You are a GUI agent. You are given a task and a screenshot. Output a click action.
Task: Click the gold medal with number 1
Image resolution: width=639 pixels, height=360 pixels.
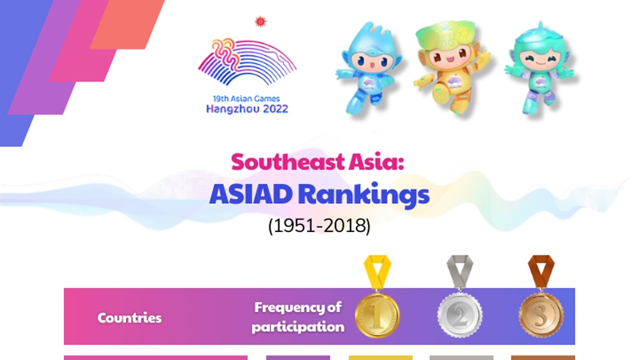[x=378, y=315]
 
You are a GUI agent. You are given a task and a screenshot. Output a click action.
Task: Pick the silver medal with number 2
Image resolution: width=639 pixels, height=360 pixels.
[x=459, y=315]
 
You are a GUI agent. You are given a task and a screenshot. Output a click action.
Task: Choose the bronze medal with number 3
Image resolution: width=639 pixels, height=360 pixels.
[x=541, y=315]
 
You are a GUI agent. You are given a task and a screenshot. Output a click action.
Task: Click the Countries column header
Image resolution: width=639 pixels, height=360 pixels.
[x=129, y=318]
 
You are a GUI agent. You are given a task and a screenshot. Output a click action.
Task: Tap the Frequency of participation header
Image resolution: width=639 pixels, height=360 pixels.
[x=298, y=317]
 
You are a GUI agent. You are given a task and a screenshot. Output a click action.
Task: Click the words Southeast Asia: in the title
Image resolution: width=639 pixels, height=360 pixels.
[x=318, y=162]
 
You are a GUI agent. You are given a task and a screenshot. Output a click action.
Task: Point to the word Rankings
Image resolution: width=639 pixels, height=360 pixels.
[x=364, y=195]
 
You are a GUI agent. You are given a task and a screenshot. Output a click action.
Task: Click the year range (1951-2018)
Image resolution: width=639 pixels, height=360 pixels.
[x=319, y=226]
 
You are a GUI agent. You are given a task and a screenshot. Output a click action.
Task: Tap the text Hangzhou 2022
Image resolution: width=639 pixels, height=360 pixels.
[x=247, y=109]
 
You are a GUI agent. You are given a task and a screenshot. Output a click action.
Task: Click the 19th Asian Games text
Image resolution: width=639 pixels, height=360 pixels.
[x=246, y=98]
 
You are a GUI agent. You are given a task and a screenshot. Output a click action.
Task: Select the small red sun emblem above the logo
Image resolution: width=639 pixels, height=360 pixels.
[x=260, y=22]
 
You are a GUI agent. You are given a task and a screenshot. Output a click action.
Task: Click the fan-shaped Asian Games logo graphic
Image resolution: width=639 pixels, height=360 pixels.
[x=247, y=62]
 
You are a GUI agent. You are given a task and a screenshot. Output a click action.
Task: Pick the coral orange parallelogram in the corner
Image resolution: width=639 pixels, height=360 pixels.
[x=127, y=24]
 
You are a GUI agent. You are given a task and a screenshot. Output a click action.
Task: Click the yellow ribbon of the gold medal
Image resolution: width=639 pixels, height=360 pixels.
[x=378, y=272]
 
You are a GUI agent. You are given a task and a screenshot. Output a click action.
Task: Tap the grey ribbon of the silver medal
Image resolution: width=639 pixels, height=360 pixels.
[x=459, y=272]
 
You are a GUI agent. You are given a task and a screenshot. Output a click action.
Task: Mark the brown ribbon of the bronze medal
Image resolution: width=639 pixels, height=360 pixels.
[x=541, y=272]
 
